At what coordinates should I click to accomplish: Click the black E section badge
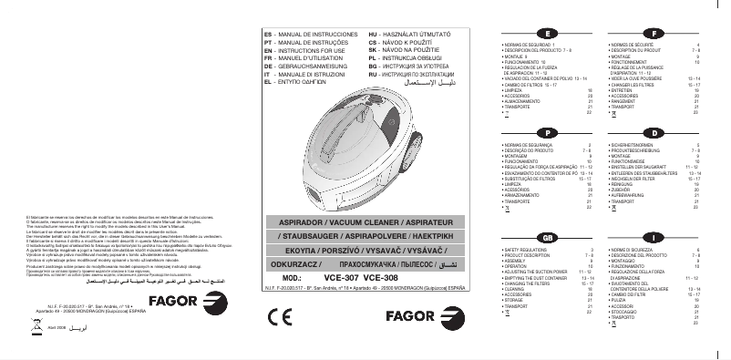click(541, 32)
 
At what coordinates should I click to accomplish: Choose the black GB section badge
click(541, 237)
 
